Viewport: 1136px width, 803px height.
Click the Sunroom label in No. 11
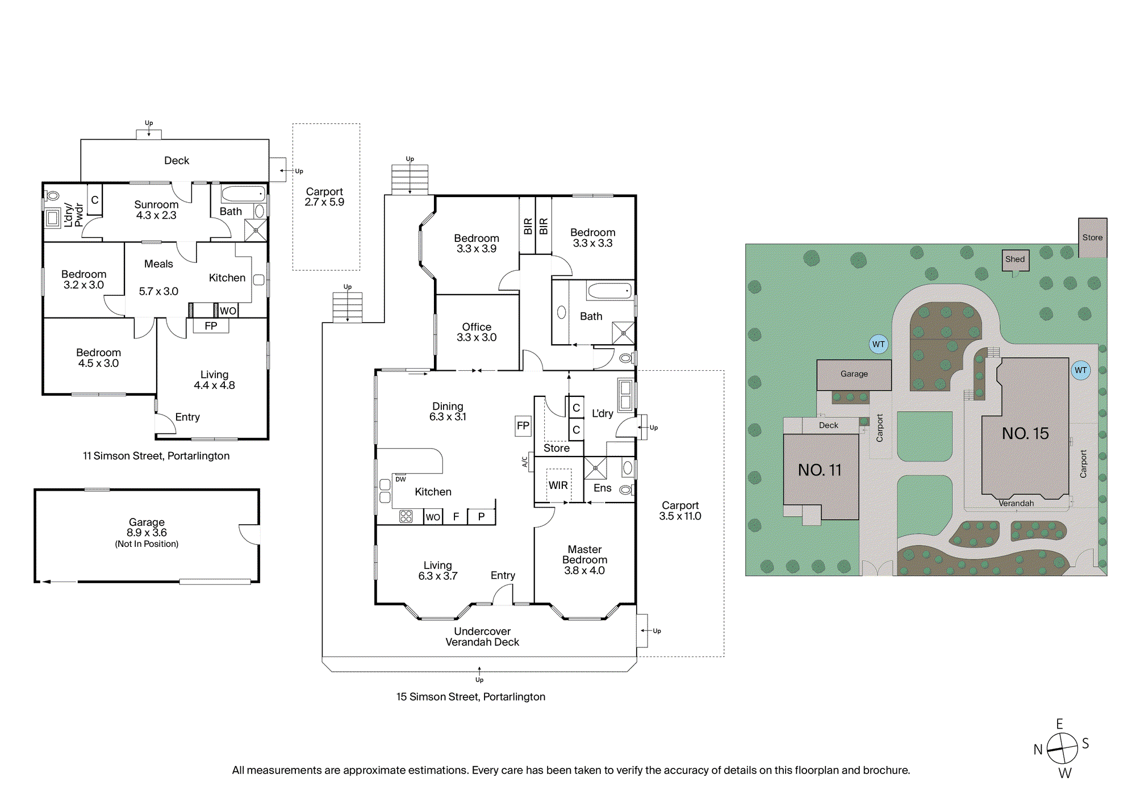click(156, 204)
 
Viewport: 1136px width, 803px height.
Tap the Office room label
click(477, 327)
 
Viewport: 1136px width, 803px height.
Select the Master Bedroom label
click(584, 555)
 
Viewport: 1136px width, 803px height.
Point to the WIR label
click(558, 486)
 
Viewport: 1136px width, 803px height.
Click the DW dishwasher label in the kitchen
click(400, 479)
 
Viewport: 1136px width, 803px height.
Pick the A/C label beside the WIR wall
click(525, 462)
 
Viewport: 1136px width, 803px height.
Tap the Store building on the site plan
click(1093, 237)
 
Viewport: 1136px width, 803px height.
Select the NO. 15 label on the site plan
click(1025, 434)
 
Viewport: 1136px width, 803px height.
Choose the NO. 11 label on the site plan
click(820, 470)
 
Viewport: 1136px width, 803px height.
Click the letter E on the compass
click(1059, 724)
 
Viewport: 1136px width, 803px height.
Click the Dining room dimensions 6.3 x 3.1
click(448, 417)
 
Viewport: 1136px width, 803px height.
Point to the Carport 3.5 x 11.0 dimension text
click(680, 516)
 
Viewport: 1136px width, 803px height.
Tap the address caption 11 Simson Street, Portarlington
click(156, 456)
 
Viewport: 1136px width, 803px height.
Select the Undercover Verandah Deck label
click(482, 637)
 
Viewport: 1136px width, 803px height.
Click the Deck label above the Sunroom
click(177, 161)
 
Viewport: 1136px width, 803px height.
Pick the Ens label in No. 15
click(603, 488)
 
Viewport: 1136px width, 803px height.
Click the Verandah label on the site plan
click(1016, 503)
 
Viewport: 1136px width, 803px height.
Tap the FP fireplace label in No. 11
click(211, 326)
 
